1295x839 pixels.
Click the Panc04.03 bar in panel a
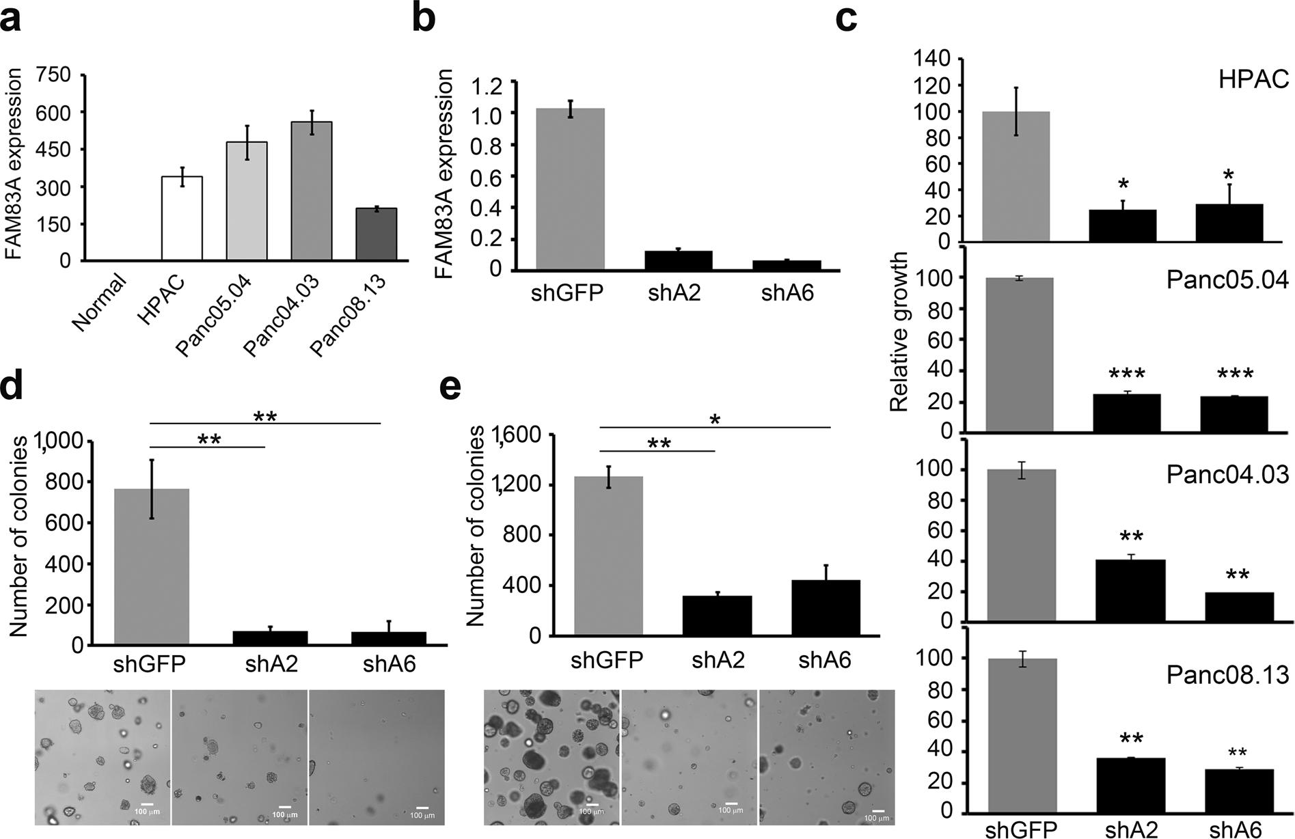[311, 191]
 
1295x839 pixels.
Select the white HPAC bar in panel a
[181, 219]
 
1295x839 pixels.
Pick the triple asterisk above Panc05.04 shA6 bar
[1235, 374]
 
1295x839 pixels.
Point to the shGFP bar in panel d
[151, 566]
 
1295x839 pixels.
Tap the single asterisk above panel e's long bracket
[715, 419]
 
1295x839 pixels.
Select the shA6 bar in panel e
[826, 607]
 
